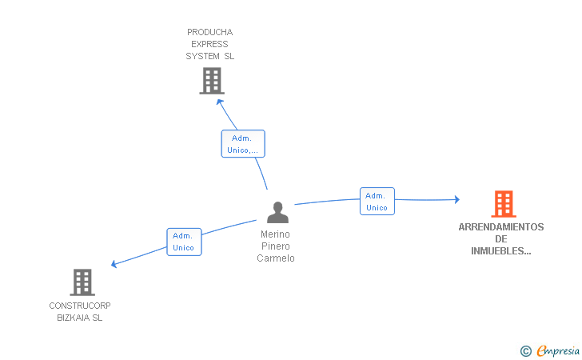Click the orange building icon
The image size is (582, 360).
tap(504, 203)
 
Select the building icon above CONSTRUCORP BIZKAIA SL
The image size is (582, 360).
tap(82, 282)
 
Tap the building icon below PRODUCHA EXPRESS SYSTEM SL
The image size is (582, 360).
tap(212, 81)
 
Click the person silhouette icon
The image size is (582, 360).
tap(277, 212)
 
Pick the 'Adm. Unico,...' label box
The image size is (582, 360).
tap(243, 144)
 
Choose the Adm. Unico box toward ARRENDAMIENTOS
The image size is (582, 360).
tap(377, 201)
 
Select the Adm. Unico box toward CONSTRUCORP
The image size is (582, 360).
tap(184, 242)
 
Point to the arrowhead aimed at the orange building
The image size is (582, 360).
tap(457, 199)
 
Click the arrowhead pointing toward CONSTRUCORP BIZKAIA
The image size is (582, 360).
tap(114, 263)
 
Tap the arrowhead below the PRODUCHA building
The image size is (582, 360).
tap(220, 102)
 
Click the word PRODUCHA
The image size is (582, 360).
tap(210, 32)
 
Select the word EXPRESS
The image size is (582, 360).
tap(209, 44)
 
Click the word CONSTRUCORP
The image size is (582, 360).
tap(80, 306)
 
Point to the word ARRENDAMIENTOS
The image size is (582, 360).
tap(501, 227)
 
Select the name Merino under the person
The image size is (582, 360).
tap(275, 234)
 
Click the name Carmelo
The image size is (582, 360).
tap(276, 258)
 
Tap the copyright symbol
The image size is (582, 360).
tap(526, 350)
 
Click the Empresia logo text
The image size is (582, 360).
tap(558, 350)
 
